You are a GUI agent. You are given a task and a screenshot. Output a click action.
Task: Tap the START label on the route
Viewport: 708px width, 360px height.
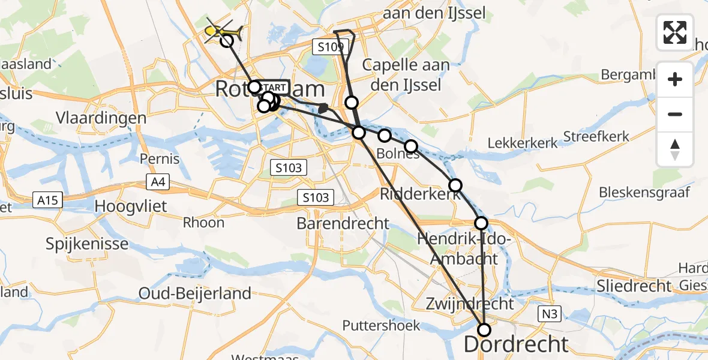pyautogui.click(x=274, y=88)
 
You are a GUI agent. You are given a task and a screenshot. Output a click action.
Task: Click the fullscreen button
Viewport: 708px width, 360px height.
pyautogui.click(x=675, y=32)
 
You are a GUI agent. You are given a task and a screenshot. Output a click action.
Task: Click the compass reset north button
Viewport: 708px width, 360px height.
pyautogui.click(x=675, y=149)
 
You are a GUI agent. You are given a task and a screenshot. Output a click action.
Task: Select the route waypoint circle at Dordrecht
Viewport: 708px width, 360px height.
pyautogui.click(x=484, y=329)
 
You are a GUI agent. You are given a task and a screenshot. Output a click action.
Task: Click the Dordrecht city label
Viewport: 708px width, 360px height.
pyautogui.click(x=516, y=344)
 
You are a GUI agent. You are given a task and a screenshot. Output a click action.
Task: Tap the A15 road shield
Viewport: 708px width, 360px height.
pyautogui.click(x=47, y=200)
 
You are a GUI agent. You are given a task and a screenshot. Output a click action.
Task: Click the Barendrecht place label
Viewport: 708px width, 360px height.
pyautogui.click(x=343, y=224)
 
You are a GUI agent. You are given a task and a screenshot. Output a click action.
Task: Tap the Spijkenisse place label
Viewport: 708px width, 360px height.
pyautogui.click(x=87, y=244)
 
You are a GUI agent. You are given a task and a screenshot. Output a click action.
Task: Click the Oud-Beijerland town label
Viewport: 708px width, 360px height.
pyautogui.click(x=194, y=293)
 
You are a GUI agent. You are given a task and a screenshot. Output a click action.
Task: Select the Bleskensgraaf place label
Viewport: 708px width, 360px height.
pyautogui.click(x=644, y=193)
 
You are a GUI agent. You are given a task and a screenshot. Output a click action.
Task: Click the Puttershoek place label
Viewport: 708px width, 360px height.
pyautogui.click(x=381, y=325)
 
